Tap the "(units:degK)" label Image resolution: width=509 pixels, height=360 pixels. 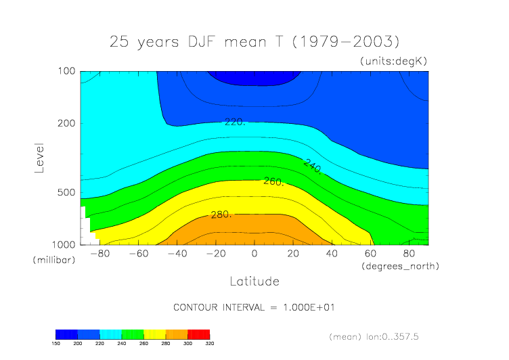click(x=393, y=61)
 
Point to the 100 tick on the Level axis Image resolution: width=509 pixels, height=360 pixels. click(x=67, y=71)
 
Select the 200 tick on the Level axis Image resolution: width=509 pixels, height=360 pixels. click(x=67, y=123)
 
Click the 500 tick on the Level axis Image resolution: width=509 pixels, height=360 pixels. click(x=67, y=192)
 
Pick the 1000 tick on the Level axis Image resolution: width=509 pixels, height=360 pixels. click(x=65, y=244)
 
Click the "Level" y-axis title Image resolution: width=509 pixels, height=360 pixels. click(x=39, y=157)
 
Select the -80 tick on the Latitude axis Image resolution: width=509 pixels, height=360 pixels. click(x=99, y=254)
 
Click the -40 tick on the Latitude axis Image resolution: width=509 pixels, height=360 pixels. click(x=177, y=254)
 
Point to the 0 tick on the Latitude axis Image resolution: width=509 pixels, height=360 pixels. click(x=255, y=254)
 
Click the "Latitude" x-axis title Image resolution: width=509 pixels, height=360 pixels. click(x=254, y=280)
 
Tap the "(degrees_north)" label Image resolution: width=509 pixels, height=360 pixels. click(x=401, y=266)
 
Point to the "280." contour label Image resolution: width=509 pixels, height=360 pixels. click(x=221, y=215)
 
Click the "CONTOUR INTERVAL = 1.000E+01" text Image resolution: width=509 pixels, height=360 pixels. click(x=255, y=307)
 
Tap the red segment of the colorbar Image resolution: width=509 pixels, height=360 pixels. click(x=198, y=334)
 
